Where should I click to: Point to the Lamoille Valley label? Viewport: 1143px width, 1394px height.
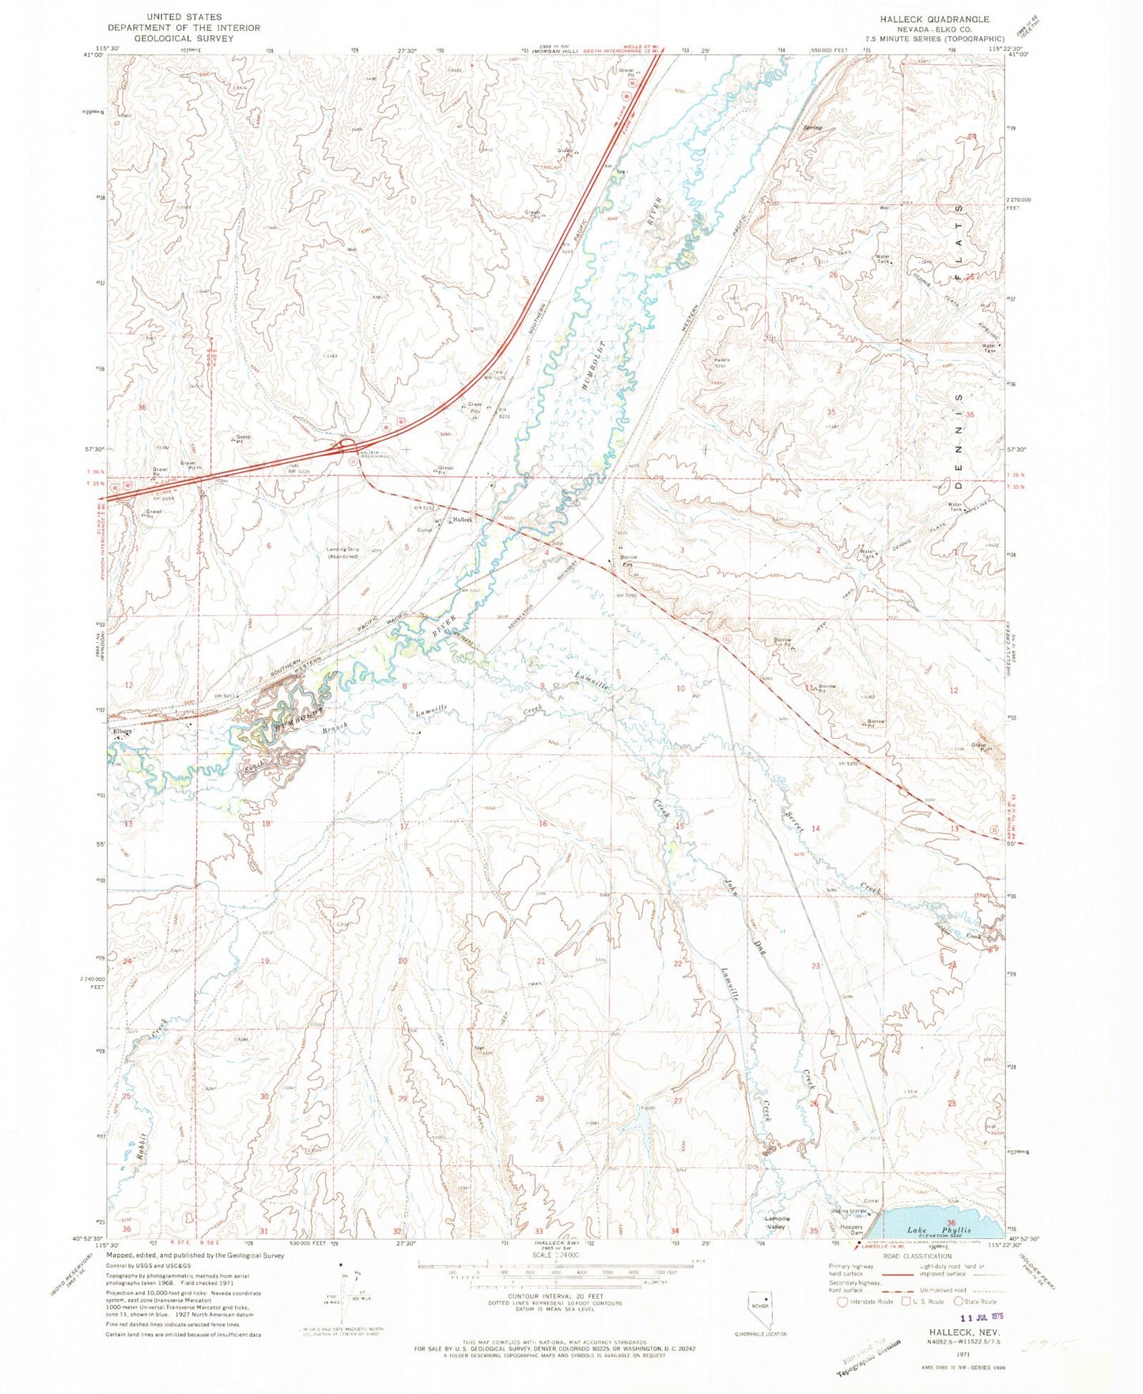775,1223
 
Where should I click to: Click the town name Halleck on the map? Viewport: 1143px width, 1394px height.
462,520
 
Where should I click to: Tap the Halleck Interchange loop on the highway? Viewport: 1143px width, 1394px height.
347,448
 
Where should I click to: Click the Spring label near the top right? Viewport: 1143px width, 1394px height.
812,127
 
